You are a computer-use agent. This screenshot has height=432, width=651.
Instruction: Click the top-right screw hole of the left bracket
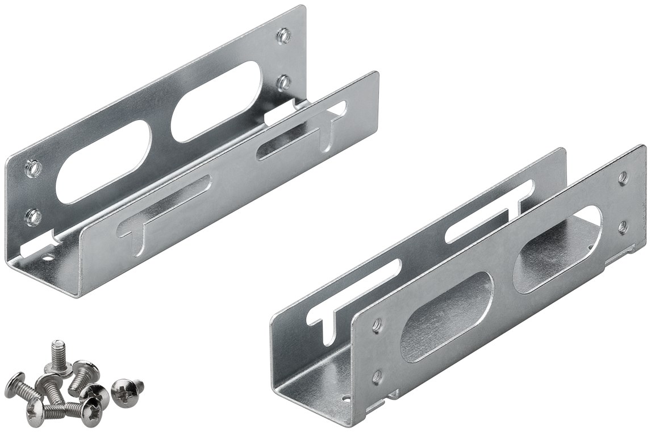[283, 36]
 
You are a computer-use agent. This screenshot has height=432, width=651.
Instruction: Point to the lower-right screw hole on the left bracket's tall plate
[283, 83]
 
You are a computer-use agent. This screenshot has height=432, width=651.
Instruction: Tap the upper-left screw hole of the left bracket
[34, 168]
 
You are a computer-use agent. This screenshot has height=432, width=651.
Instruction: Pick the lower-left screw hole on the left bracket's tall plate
[34, 216]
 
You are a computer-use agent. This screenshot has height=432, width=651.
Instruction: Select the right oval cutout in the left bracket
[216, 101]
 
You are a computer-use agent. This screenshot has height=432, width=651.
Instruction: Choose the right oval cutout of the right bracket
[557, 249]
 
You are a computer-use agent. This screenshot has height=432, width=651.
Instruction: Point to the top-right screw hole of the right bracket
[623, 178]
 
